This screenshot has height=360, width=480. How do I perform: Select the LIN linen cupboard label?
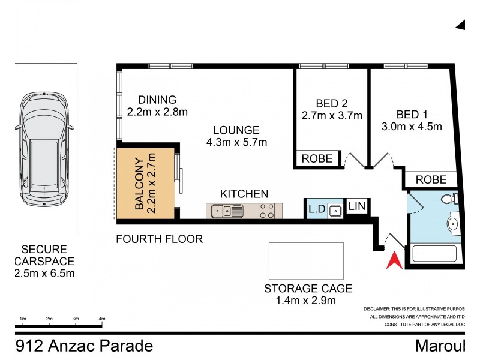(x=356, y=206)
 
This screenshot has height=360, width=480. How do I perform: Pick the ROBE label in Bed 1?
(x=431, y=179)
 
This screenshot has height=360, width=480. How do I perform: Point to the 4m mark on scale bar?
(x=101, y=318)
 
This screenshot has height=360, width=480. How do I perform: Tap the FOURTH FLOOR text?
(x=160, y=239)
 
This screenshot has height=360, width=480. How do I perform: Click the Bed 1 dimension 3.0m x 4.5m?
(x=412, y=127)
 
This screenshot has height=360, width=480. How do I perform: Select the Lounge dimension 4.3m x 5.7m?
(x=236, y=142)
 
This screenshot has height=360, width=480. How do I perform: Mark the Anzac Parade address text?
(x=84, y=346)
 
